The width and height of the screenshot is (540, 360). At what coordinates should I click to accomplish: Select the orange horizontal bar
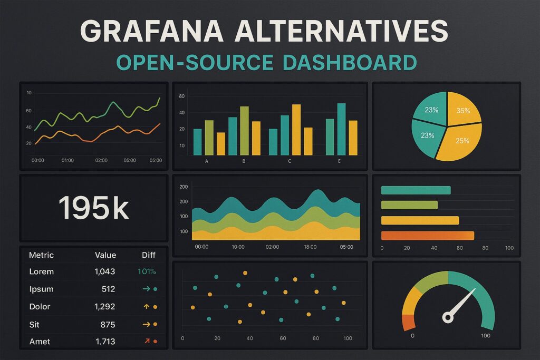[427, 236]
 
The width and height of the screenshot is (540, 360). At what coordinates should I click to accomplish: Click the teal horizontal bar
[416, 190]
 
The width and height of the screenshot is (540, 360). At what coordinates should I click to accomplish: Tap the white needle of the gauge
[463, 303]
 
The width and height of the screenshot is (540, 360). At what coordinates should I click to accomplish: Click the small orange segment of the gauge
[409, 322]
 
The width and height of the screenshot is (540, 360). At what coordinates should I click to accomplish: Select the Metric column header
[41, 255]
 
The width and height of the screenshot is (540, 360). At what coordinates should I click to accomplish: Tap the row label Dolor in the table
[40, 306]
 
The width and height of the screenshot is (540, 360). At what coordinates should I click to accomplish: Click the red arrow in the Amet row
[147, 341]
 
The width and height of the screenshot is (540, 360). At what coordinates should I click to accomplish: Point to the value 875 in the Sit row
[107, 324]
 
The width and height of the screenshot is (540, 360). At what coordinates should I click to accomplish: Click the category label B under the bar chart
[244, 161]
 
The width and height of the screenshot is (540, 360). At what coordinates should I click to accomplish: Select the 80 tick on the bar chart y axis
[182, 96]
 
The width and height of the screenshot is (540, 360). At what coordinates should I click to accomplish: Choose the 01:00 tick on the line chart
[67, 160]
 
